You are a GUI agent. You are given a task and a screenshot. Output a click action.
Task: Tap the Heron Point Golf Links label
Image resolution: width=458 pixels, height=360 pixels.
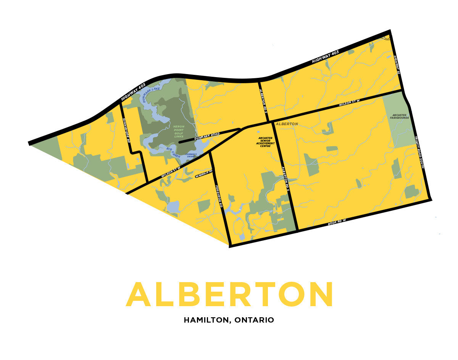click(x=178, y=131)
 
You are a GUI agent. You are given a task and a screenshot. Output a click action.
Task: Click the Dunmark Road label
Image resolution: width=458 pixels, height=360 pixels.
click(x=207, y=136)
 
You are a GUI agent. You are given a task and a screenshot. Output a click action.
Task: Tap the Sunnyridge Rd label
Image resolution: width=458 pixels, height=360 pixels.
click(x=126, y=129)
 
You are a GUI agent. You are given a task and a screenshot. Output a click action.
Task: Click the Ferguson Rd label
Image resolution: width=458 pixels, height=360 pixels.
click(x=219, y=196)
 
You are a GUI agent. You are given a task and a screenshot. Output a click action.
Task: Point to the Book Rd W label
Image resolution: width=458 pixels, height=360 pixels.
click(x=337, y=221)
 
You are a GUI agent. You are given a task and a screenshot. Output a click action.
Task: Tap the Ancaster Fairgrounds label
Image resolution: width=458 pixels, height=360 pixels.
click(x=399, y=116)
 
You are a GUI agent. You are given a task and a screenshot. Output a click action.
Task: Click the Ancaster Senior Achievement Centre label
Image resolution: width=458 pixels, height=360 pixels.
click(x=266, y=142)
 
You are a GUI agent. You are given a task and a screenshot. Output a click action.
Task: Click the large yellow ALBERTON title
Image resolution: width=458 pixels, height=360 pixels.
click(x=230, y=295)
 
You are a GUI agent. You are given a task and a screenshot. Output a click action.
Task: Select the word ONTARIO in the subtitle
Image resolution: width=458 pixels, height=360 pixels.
click(x=254, y=320)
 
